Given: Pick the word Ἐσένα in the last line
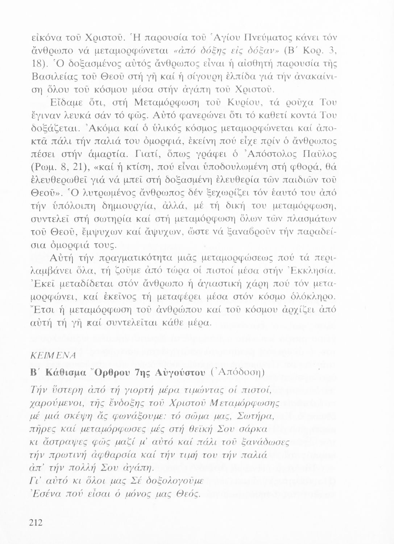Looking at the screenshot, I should [x=43, y=493].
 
